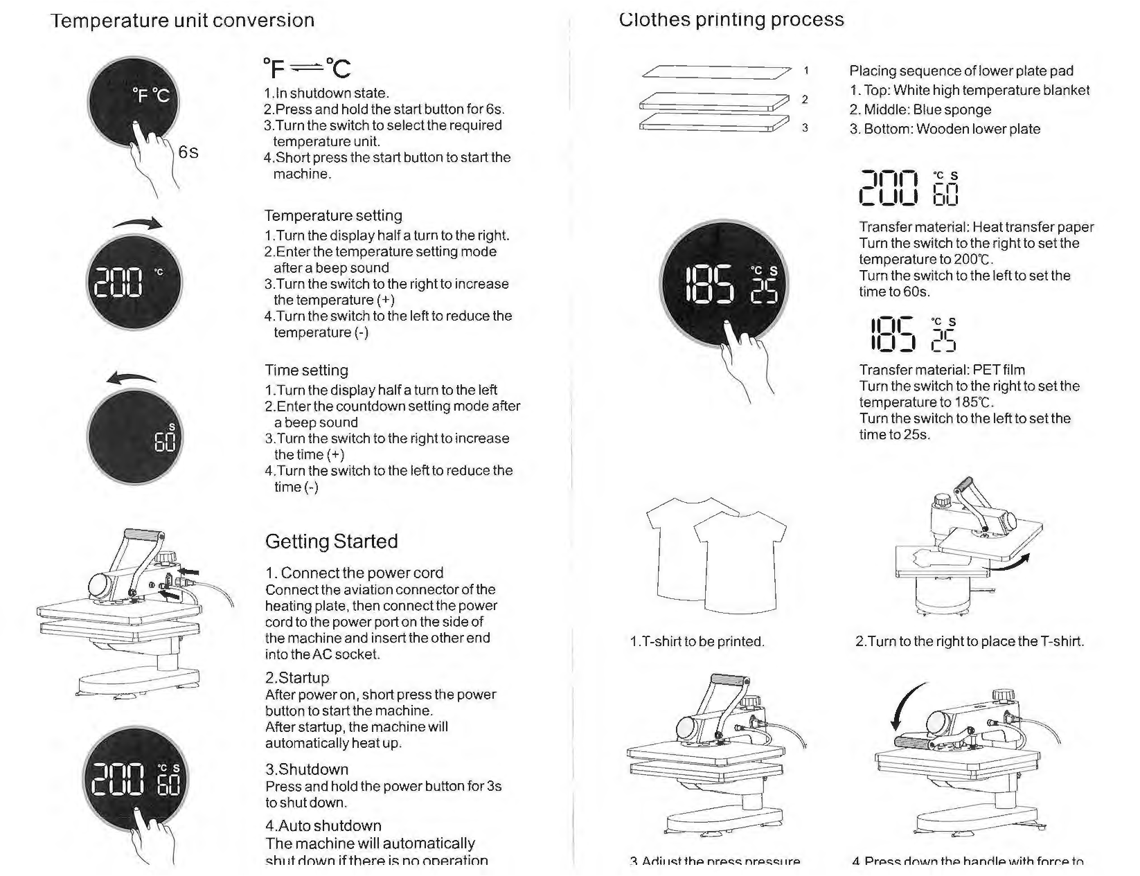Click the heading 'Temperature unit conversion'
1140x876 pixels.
pyautogui.click(x=183, y=20)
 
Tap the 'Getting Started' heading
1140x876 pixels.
pyautogui.click(x=331, y=541)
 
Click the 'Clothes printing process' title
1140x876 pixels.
pyautogui.click(x=731, y=19)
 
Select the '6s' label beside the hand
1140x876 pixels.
pyautogui.click(x=188, y=152)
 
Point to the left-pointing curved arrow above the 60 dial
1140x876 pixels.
pyautogui.click(x=132, y=378)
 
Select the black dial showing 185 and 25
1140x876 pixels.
pyautogui.click(x=723, y=285)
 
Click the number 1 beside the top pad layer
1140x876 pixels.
pyautogui.click(x=806, y=70)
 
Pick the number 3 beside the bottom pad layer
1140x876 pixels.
pyautogui.click(x=805, y=127)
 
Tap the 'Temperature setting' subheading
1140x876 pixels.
pyautogui.click(x=333, y=215)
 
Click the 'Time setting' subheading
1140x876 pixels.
pyautogui.click(x=306, y=370)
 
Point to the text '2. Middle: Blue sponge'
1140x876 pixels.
pyautogui.click(x=920, y=109)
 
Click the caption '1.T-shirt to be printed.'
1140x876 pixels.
pyautogui.click(x=697, y=641)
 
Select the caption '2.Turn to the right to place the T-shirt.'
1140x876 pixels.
pyautogui.click(x=970, y=641)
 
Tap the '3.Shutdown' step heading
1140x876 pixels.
pyautogui.click(x=307, y=769)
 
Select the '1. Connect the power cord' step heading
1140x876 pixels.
pyautogui.click(x=354, y=573)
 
